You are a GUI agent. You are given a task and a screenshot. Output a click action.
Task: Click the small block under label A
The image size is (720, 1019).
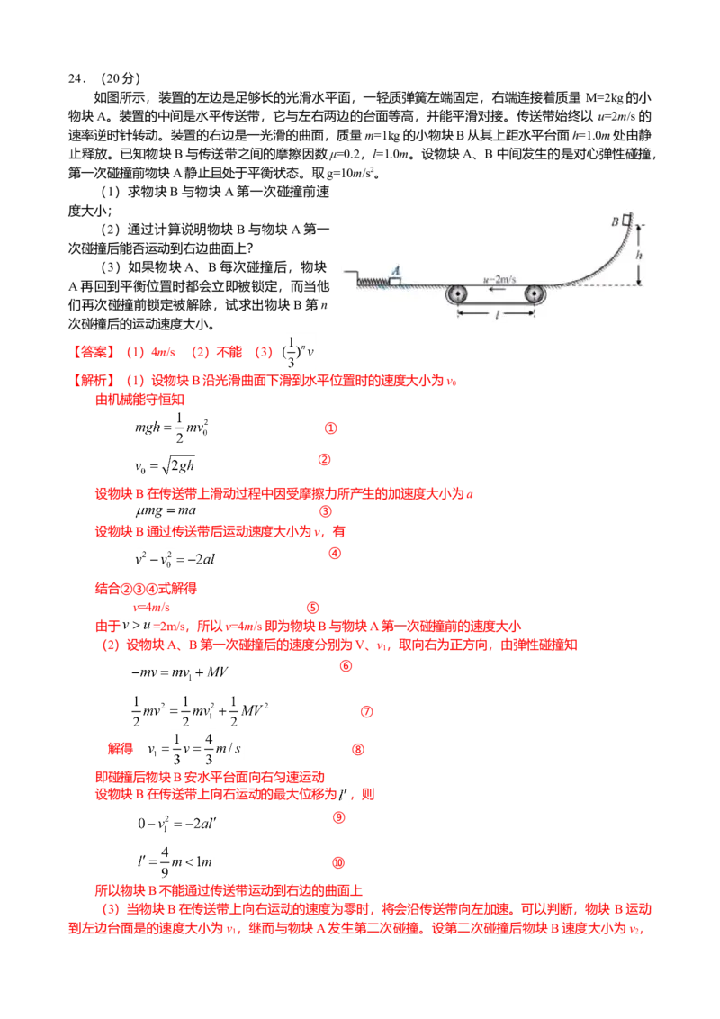coord(395,282)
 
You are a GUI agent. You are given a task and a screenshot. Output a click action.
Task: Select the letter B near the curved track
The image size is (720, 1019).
coord(615,221)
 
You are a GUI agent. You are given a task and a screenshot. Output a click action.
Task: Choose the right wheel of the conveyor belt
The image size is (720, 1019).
coord(535,294)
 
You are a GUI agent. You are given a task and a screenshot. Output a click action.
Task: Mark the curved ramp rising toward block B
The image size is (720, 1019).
coord(605,261)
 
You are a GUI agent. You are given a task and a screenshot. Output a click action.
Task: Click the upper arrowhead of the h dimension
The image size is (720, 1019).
coord(639,229)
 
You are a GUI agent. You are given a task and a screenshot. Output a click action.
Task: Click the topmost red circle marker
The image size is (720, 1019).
coord(330,429)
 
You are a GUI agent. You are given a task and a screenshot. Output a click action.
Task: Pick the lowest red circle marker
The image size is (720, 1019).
coord(338,862)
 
